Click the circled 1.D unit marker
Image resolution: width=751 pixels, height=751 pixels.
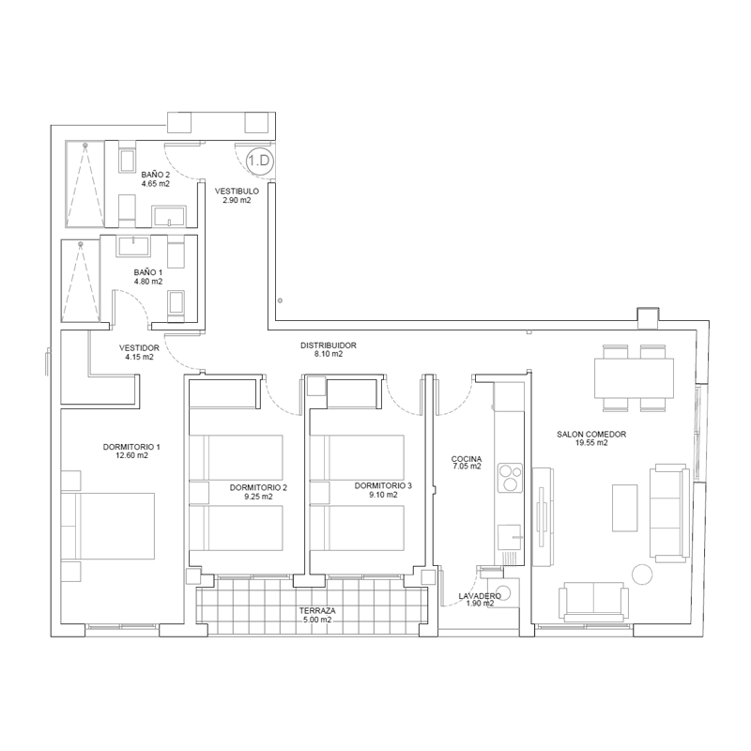[x=260, y=161]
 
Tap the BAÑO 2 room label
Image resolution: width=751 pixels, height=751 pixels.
[x=155, y=175]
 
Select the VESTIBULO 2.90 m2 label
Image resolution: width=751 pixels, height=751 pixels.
[x=237, y=195]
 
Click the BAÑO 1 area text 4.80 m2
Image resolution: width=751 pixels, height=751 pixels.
[x=148, y=282]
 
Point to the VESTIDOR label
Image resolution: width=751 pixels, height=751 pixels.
[x=139, y=347]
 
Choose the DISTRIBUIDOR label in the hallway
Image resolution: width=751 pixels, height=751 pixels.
[x=328, y=345]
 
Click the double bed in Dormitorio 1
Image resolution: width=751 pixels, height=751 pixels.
[x=108, y=526]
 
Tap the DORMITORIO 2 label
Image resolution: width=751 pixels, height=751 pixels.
[x=258, y=487]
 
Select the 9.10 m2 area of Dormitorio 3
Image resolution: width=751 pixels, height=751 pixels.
[x=383, y=495]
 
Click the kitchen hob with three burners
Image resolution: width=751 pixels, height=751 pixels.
[x=510, y=478]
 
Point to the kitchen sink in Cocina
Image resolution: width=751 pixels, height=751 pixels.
[x=510, y=537]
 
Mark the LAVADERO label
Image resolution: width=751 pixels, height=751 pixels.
[x=480, y=596]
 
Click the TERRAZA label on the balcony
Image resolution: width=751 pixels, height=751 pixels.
[x=317, y=611]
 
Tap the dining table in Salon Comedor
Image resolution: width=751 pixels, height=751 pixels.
[x=635, y=378]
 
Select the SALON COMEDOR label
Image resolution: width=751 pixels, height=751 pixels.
[x=591, y=435]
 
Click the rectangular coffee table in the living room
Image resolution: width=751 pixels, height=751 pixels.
[x=625, y=508]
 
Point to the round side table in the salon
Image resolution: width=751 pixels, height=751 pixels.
[x=642, y=575]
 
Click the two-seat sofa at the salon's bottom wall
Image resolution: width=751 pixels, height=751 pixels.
[x=593, y=602]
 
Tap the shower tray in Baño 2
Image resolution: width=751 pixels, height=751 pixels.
[x=84, y=183]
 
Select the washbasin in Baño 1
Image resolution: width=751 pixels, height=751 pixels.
[x=132, y=246]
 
